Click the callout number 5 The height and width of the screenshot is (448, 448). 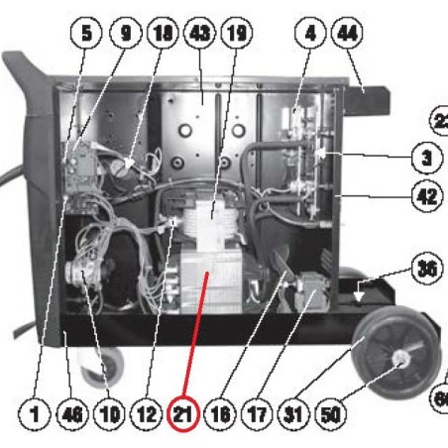(89, 31)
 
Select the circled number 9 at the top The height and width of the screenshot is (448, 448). (127, 31)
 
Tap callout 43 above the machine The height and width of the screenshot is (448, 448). (202, 31)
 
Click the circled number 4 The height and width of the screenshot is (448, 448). (310, 31)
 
